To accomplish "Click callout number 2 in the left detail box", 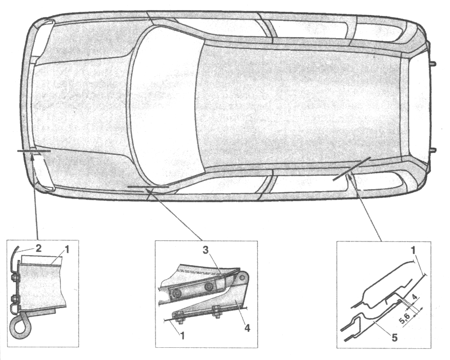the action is coord(39,248).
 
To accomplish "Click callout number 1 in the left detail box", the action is coord(66,250).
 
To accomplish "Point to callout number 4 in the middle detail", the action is coord(246,327).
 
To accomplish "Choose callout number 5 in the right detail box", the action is coord(394,338).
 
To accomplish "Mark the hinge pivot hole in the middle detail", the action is coord(243,277).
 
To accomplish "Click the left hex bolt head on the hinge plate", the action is coord(175,293).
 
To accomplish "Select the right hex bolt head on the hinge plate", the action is coord(208,286).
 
